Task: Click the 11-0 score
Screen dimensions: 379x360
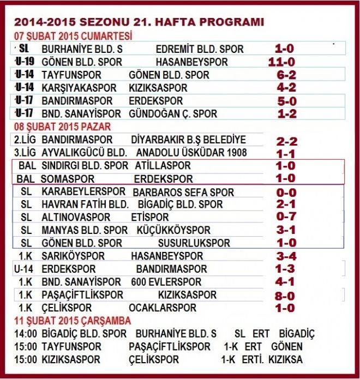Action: point(281,62)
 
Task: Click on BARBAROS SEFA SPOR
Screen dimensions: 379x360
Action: point(183,192)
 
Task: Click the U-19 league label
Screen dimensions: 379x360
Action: point(26,62)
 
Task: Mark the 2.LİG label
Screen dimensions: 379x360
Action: point(26,140)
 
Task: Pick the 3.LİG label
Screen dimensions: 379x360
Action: point(26,153)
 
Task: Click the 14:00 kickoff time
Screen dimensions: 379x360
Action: point(26,334)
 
